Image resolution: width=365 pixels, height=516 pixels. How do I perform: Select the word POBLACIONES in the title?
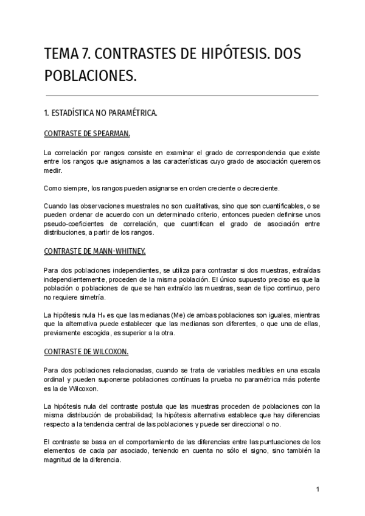[x=90, y=77]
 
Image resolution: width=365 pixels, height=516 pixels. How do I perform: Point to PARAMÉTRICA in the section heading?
[x=129, y=113]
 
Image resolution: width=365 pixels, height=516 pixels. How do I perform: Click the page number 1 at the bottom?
[x=318, y=490]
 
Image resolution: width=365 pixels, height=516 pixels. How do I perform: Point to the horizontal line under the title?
[x=182, y=95]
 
